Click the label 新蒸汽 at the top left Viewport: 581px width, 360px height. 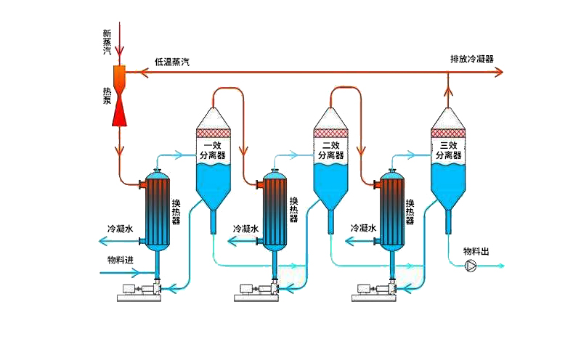(x=107, y=41)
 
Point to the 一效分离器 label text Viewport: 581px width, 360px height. (x=214, y=150)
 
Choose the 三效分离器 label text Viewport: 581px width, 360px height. (x=447, y=150)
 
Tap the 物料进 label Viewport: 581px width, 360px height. (x=121, y=260)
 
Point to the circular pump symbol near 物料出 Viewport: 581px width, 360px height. (x=470, y=266)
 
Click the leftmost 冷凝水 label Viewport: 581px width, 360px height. (x=120, y=228)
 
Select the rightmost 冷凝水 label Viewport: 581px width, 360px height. (x=363, y=228)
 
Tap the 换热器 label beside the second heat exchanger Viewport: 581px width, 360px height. (x=293, y=210)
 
